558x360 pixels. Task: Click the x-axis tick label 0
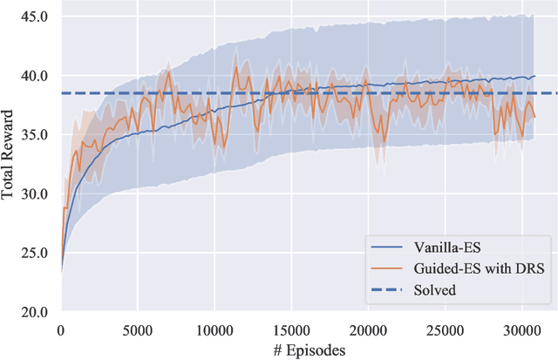click(60, 329)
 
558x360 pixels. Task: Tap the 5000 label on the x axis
click(137, 329)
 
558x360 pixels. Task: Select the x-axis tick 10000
click(214, 329)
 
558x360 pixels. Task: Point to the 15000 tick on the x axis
click(290, 329)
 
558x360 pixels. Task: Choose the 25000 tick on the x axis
click(445, 329)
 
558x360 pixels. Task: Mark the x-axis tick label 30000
click(521, 329)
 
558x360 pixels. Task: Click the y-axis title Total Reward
click(10, 164)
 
